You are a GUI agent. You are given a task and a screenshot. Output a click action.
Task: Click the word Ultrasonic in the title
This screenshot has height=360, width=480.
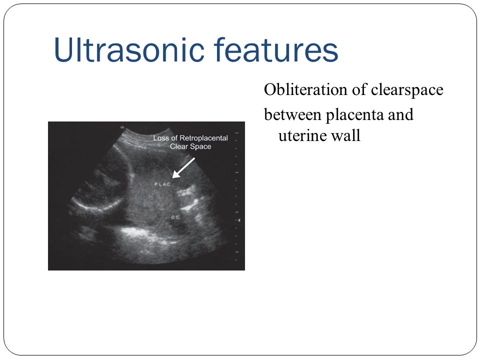pos(129,49)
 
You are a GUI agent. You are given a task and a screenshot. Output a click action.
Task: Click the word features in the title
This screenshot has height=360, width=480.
pos(276,49)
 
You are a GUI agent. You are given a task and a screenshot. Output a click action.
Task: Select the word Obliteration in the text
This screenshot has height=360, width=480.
pos(305,89)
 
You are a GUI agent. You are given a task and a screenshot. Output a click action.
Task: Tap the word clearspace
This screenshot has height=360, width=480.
pos(407,90)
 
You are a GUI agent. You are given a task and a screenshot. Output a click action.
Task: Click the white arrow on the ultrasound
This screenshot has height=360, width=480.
pos(183,168)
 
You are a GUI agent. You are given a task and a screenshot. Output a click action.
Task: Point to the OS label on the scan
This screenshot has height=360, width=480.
pos(175,217)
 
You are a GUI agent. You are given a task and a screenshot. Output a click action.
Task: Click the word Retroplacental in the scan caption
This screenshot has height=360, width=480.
pos(203,138)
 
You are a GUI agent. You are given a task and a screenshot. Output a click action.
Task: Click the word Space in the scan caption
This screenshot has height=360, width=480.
pos(201,146)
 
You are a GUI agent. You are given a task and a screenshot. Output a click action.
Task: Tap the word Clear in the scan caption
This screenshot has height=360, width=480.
pos(179,146)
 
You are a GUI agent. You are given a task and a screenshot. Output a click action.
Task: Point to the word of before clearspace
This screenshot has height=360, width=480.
pos(359,89)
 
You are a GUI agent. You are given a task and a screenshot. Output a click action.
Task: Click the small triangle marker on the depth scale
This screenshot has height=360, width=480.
pos(239,220)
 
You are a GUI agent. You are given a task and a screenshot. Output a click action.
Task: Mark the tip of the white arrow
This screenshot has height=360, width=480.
pos(172,178)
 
